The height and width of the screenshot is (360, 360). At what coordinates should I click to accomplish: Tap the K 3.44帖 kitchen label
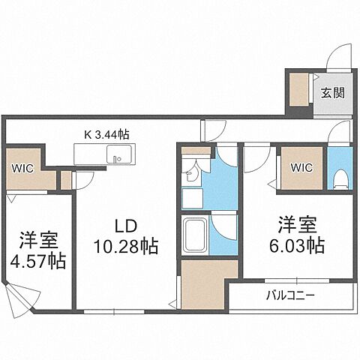coord(107,134)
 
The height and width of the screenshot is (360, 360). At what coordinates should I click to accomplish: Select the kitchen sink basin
coord(118,156)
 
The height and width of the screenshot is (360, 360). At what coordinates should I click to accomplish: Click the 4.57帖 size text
coord(38,262)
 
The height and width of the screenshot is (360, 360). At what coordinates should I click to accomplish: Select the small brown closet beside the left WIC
coord(65,180)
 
